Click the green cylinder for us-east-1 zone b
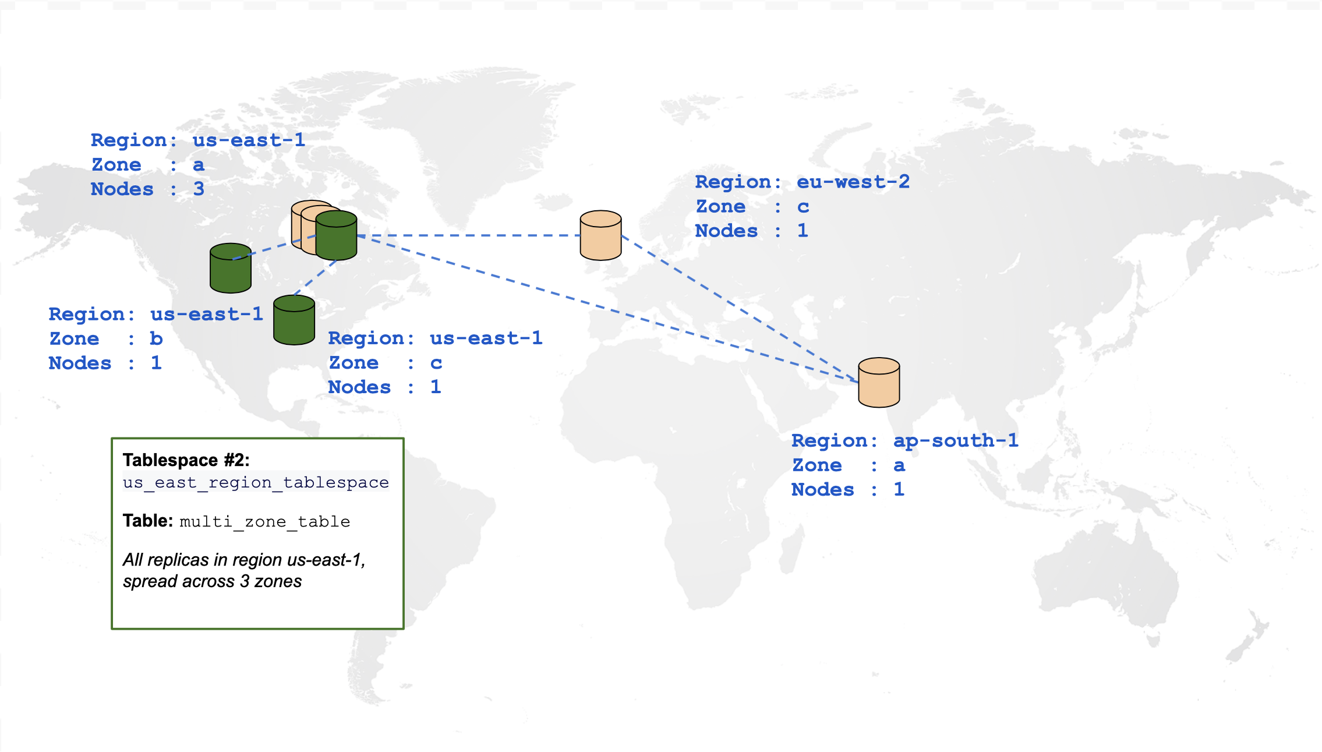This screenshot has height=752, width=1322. coord(231,269)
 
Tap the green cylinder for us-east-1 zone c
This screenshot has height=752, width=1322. coord(294,320)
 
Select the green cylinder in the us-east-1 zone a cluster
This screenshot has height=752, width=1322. coord(337,236)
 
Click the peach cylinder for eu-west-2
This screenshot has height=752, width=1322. coord(601,235)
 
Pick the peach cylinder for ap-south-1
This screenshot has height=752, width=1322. coord(879,383)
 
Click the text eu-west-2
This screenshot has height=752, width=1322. coord(853,182)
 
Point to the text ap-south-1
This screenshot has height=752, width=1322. coord(956,440)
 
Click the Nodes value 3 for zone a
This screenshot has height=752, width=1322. coord(199,189)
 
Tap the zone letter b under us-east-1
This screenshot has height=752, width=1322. coord(156,338)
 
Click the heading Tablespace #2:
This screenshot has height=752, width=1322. coord(186,460)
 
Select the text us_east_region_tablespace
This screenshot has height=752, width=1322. coord(256,482)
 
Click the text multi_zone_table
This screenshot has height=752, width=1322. coord(265,521)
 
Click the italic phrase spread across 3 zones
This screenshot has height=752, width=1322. coord(213,581)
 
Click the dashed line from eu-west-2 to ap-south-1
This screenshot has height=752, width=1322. coord(740,309)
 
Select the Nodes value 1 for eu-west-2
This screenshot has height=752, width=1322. coord(803,231)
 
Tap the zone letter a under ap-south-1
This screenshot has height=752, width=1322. coord(899,465)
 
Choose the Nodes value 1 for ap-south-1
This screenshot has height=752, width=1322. coord(899,489)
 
